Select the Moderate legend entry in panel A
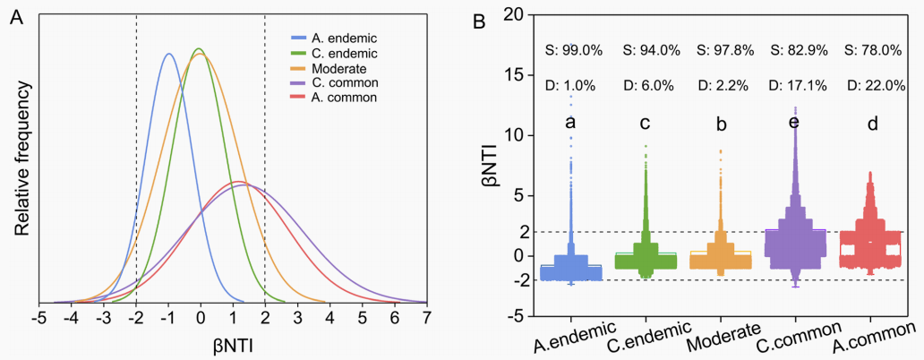tap(336, 68)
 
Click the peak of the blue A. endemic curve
tap(168, 54)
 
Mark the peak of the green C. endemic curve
tap(199, 48)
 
